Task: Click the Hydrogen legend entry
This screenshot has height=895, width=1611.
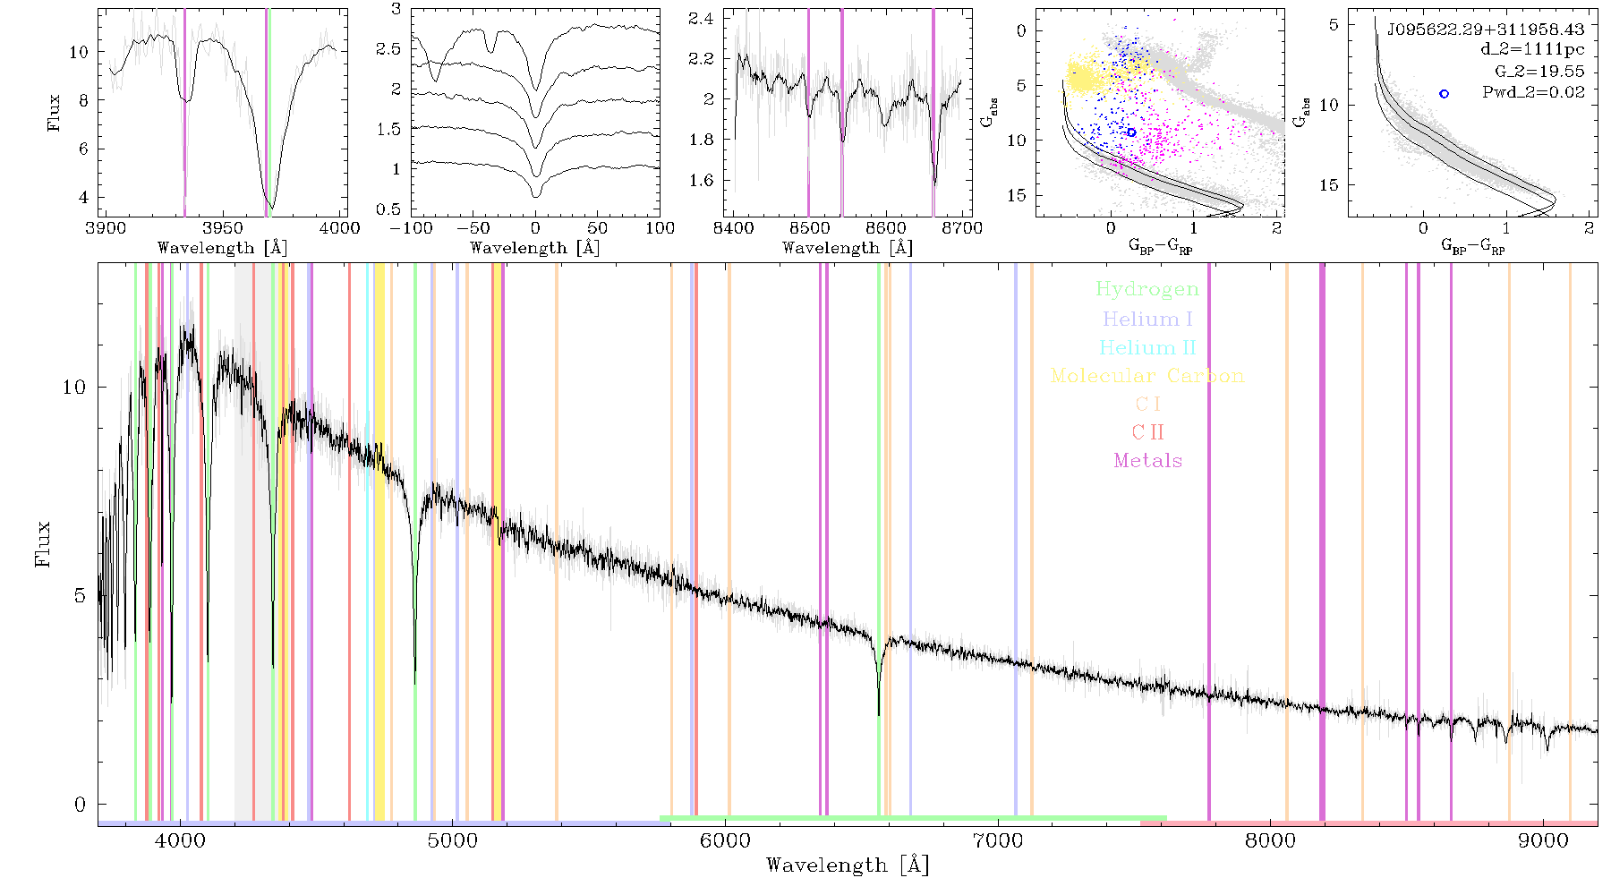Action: tap(1146, 289)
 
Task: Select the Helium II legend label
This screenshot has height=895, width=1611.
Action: tap(1147, 347)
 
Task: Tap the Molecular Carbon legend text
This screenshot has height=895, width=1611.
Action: tap(1147, 376)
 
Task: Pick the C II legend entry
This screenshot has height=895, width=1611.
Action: tap(1147, 432)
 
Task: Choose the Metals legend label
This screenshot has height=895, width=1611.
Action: tap(1147, 461)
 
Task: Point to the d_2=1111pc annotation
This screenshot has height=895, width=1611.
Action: tap(1532, 50)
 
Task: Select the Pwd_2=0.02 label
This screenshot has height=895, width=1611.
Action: tap(1533, 92)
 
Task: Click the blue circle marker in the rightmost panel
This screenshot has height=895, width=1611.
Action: tap(1444, 94)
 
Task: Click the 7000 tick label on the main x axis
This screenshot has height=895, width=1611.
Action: tap(998, 841)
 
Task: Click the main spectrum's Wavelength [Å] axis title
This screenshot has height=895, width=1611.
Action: tap(848, 865)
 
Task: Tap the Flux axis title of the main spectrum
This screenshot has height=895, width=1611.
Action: tap(42, 544)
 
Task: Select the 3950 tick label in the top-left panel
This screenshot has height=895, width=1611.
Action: tap(223, 227)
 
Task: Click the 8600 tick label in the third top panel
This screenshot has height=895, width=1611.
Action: tap(887, 227)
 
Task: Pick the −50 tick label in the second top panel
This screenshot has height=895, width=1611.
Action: tap(473, 227)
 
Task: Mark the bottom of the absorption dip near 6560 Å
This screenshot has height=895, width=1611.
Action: tap(879, 714)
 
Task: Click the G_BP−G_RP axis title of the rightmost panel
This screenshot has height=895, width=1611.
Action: tap(1472, 247)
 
